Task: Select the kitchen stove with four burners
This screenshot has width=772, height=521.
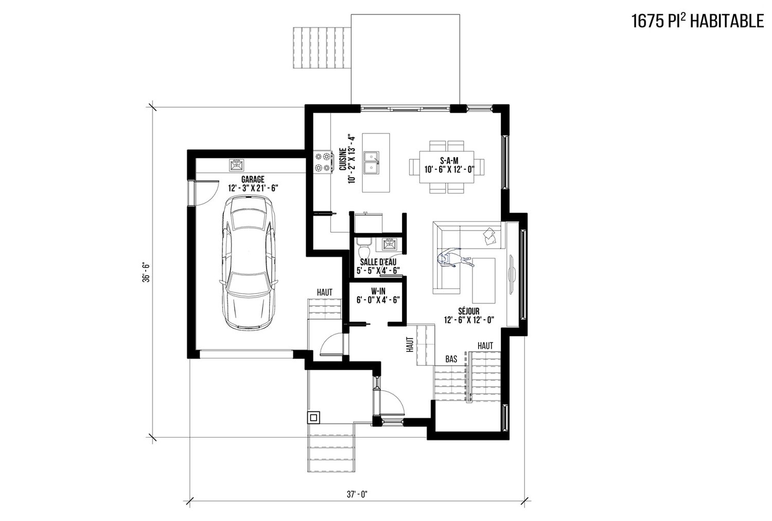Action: pos(323,162)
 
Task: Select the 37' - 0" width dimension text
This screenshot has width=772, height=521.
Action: pos(357,494)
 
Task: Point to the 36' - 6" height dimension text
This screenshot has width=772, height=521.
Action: pos(146,273)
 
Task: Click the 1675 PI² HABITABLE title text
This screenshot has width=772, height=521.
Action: pos(697,22)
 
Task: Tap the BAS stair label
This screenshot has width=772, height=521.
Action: pos(451,359)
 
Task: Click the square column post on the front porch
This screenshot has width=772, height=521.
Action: pos(313,418)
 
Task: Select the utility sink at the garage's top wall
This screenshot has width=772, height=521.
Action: pos(237,165)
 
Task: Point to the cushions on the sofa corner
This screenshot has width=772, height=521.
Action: pos(490,236)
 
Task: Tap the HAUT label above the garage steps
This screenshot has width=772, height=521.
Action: pos(325,293)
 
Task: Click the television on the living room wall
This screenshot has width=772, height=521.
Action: pos(512,274)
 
